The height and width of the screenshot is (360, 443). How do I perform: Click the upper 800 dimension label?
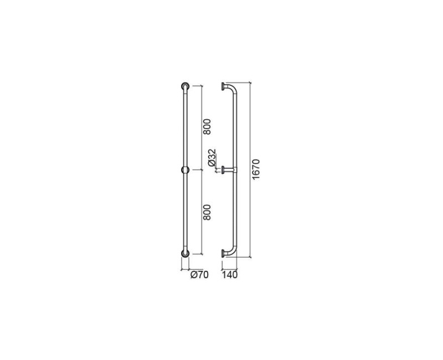(x=207, y=127)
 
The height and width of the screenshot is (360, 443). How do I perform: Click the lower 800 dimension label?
(x=207, y=212)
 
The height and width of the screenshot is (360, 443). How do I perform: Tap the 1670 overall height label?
(x=255, y=169)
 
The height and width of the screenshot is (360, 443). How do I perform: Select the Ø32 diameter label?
(x=212, y=158)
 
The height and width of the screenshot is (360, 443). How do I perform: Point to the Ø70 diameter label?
(x=199, y=274)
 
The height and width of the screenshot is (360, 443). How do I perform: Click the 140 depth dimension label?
(x=230, y=274)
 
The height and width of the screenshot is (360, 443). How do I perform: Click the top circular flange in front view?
(x=185, y=86)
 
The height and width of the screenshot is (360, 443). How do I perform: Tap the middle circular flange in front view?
(x=185, y=170)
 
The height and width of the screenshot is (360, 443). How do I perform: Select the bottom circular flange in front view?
(x=185, y=254)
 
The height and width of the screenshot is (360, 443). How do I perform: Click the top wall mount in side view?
(x=223, y=86)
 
